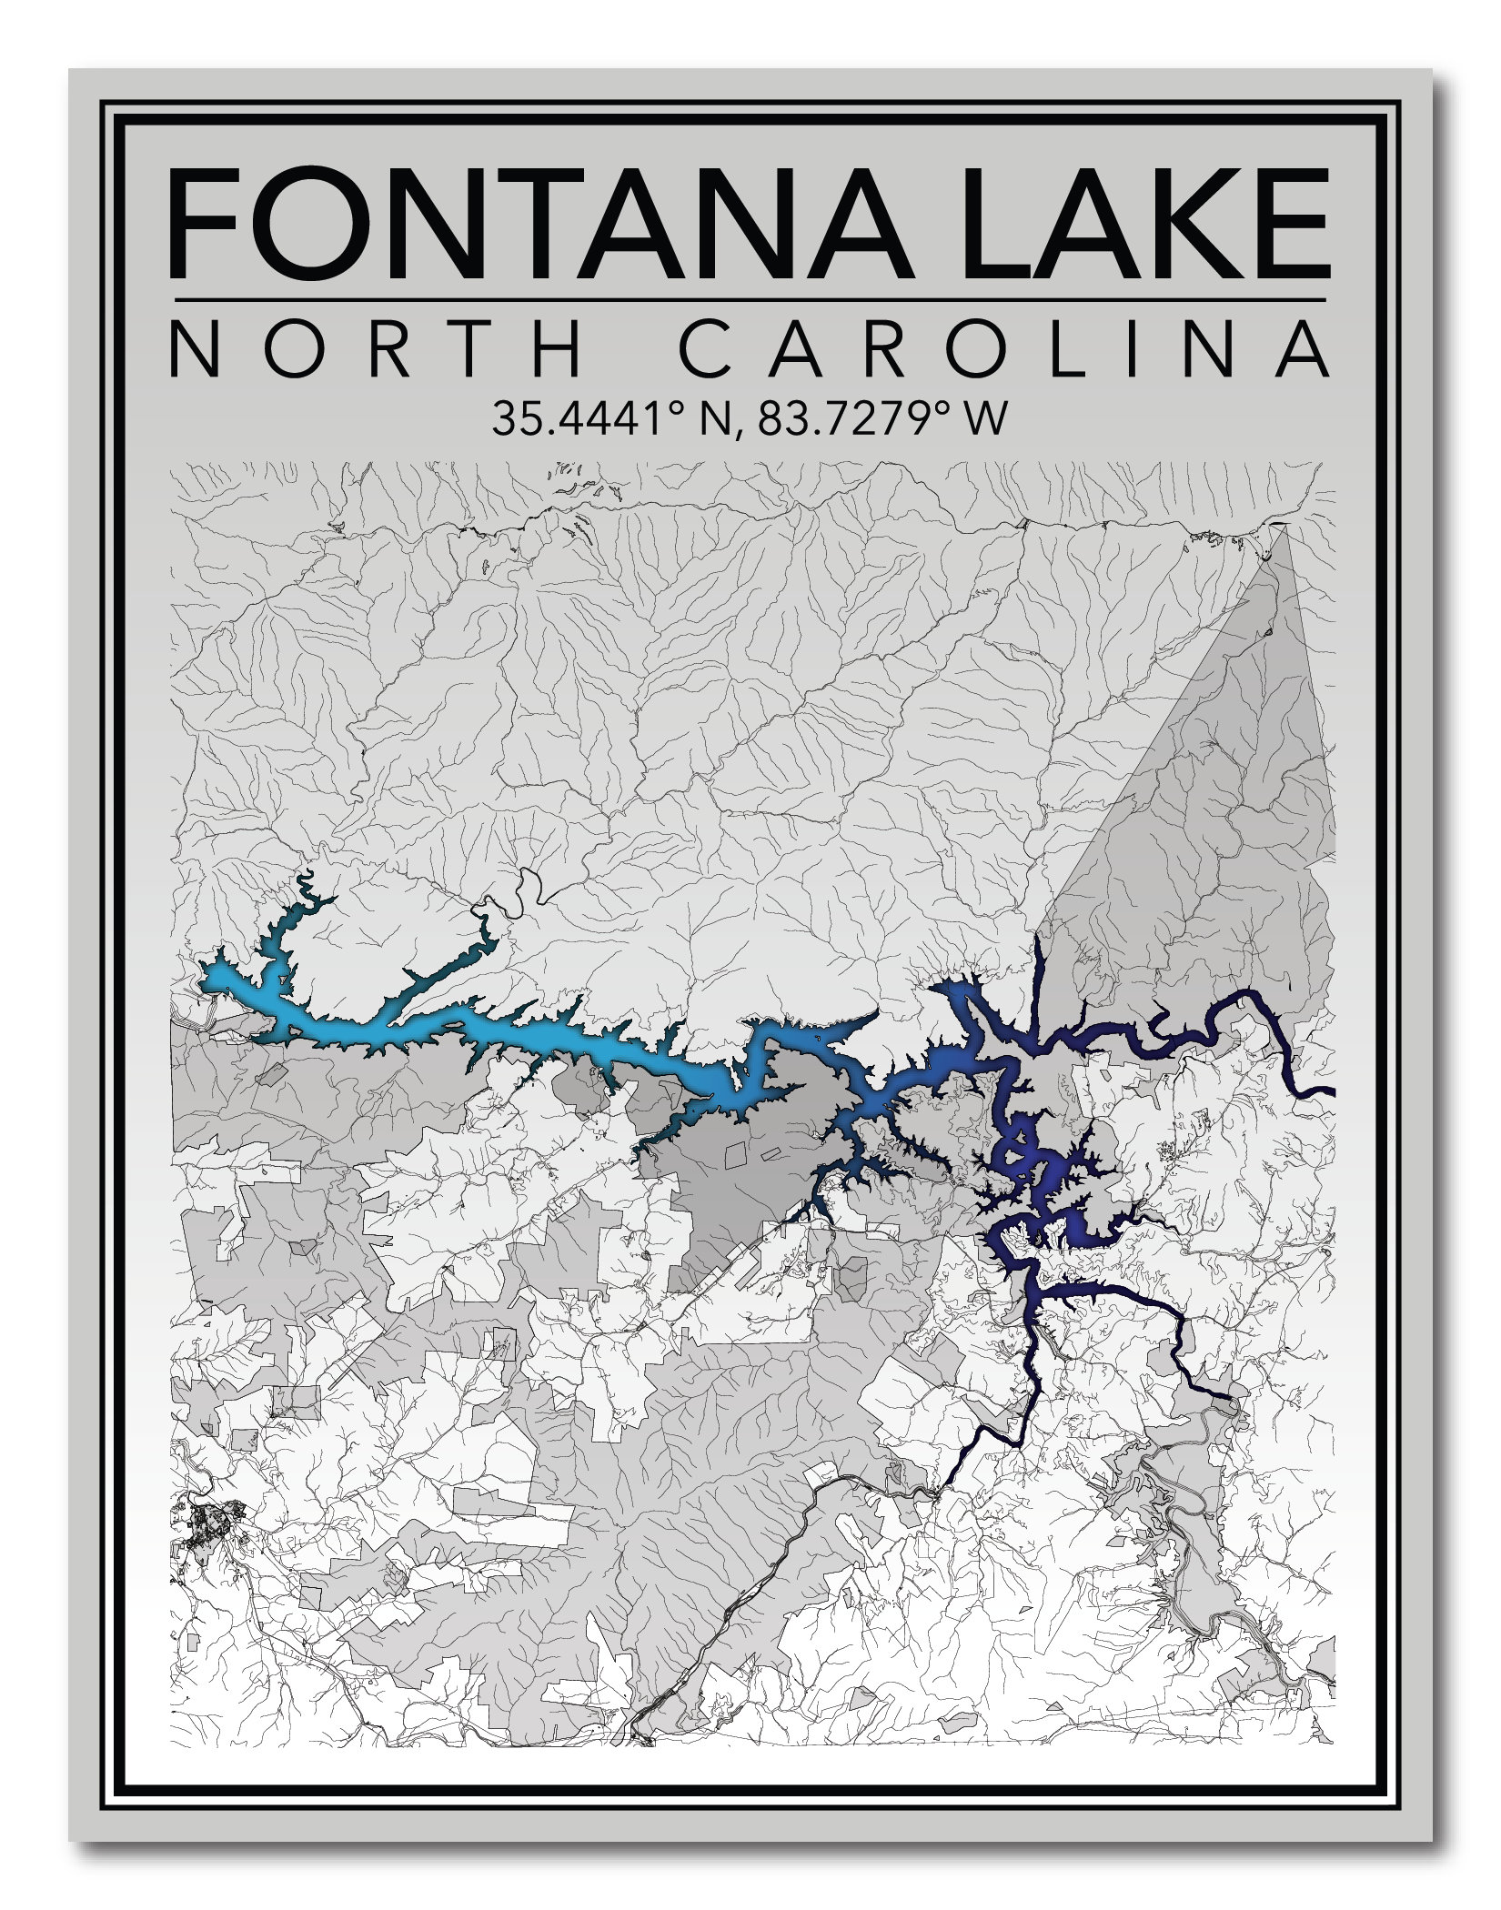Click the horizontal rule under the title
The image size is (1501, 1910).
(748, 298)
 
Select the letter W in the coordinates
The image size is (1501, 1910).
(986, 419)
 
